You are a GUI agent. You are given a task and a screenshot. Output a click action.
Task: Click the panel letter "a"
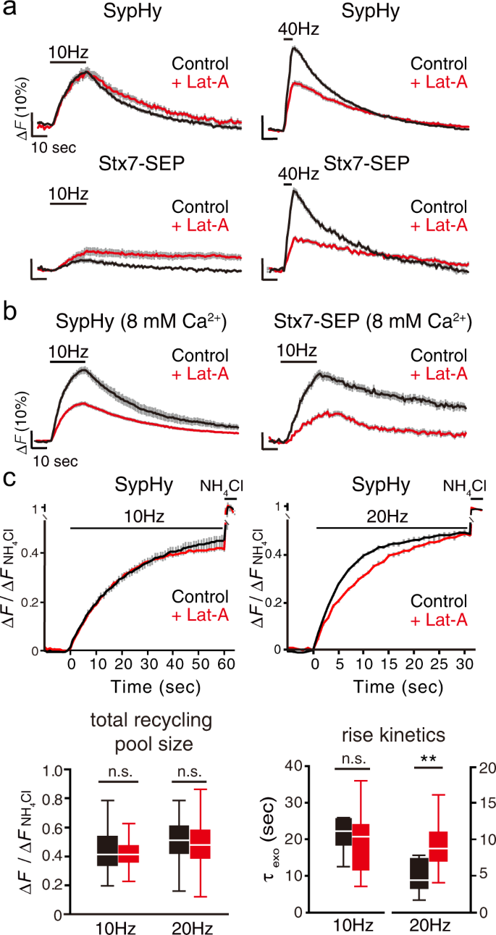(x=10, y=10)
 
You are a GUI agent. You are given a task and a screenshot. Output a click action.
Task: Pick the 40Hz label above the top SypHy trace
(x=299, y=30)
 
